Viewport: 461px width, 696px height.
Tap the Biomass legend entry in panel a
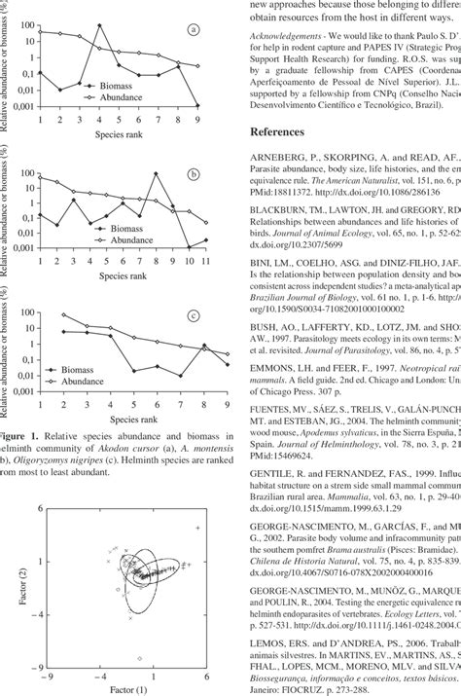109,86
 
